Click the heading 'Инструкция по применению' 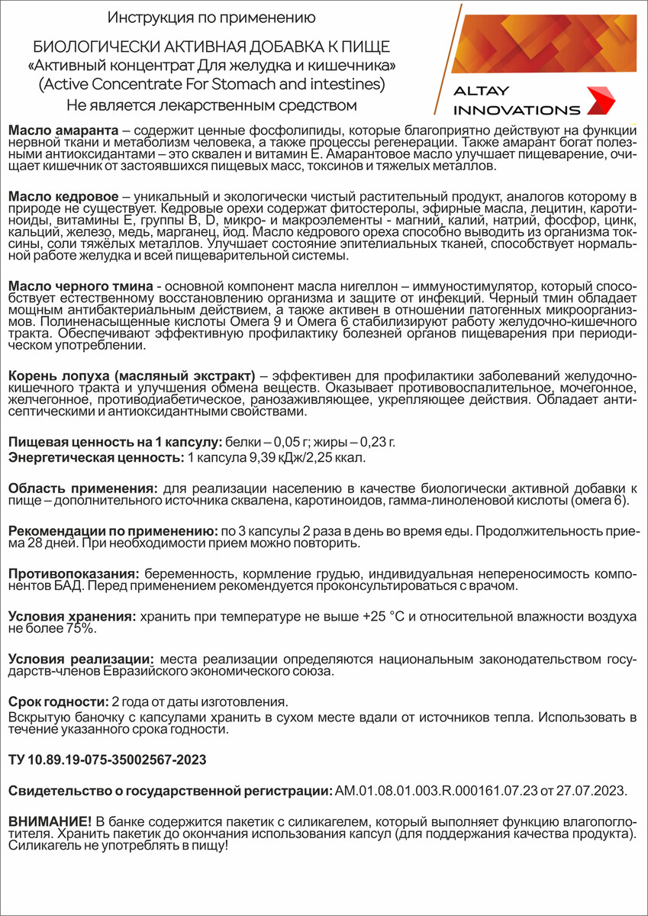point(211,17)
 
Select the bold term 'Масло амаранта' point(63,131)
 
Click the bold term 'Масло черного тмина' point(79,285)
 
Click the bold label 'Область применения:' point(82,488)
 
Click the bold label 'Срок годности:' point(58,702)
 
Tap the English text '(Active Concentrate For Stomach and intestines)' point(211,83)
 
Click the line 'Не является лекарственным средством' point(211,103)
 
